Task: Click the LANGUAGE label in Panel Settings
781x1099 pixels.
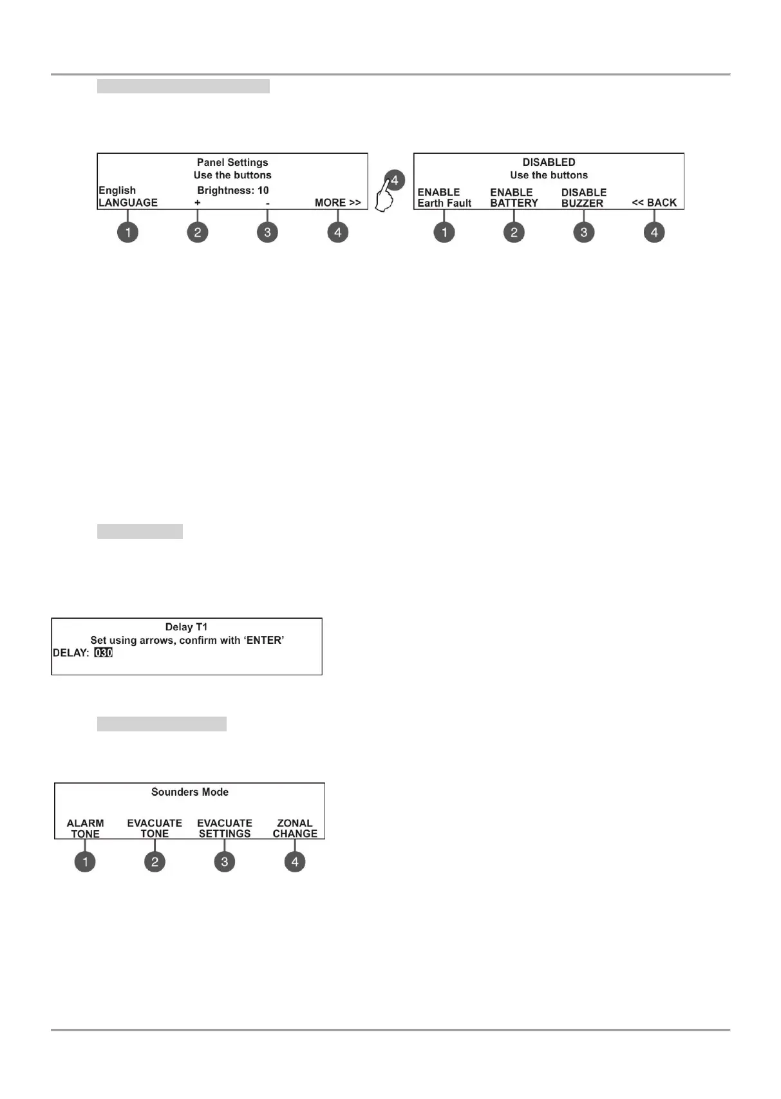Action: point(128,203)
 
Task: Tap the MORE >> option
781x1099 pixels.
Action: point(337,203)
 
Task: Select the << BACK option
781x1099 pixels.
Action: point(654,203)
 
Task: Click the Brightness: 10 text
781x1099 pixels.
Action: point(232,191)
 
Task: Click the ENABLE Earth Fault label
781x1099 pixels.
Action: point(444,198)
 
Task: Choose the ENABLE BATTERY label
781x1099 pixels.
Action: point(514,198)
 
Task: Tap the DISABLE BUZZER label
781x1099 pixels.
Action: point(583,198)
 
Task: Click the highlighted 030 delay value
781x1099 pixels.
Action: point(103,653)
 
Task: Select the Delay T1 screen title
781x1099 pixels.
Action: point(186,627)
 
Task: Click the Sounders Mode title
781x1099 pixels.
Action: point(189,792)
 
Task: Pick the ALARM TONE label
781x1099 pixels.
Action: point(85,829)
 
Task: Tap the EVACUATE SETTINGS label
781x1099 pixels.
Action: point(224,829)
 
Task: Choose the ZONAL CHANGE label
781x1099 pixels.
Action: point(295,829)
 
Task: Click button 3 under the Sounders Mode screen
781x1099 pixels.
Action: point(224,861)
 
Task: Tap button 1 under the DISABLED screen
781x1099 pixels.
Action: point(444,232)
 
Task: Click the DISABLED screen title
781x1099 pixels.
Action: point(549,162)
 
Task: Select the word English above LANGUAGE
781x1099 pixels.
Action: point(117,191)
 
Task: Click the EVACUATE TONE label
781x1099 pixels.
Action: point(155,829)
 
